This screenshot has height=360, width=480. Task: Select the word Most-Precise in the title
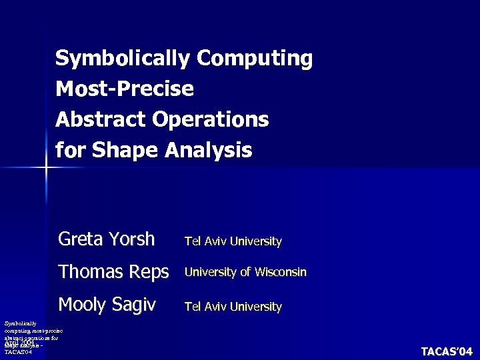125,89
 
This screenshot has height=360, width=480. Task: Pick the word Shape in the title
124,150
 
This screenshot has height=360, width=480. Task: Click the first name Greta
79,239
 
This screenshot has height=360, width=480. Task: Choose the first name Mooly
83,305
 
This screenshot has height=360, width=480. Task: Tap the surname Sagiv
134,305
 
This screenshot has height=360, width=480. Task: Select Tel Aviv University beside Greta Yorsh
233,241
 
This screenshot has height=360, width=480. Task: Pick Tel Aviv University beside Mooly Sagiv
233,307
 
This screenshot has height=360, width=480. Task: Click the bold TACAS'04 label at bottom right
446,351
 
